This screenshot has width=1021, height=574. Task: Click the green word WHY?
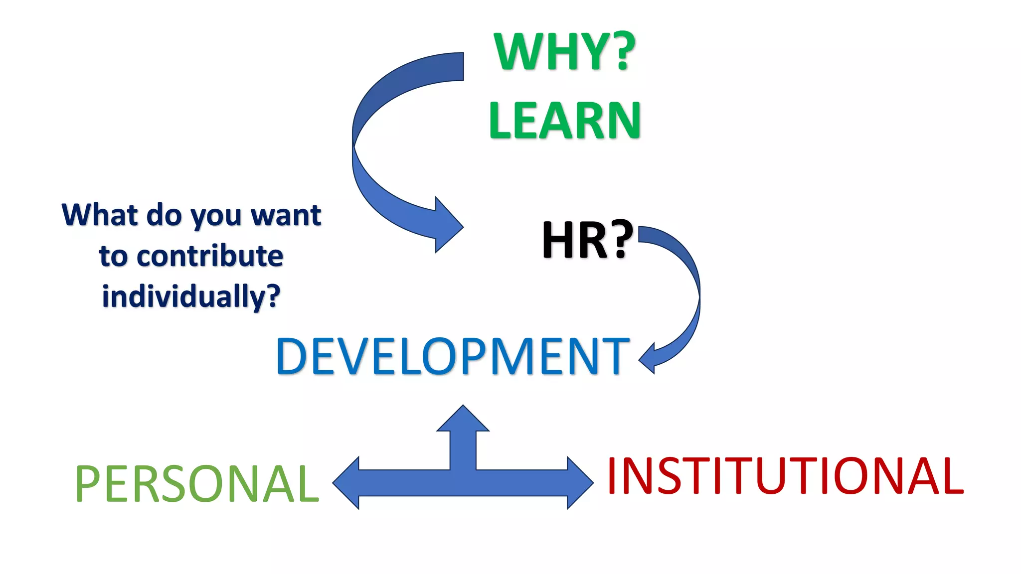coord(564,51)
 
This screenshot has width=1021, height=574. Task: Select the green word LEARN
coord(564,121)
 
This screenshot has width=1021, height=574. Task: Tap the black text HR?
coord(587,240)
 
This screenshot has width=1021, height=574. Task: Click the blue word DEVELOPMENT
coord(453,356)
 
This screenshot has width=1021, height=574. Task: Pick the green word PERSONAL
coord(196,483)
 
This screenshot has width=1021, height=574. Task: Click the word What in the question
coord(99,215)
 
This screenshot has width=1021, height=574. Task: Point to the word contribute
coord(210,256)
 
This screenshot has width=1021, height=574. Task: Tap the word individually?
coord(191,296)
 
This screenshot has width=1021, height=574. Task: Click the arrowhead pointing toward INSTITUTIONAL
coord(579,482)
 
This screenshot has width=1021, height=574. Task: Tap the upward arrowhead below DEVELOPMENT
coord(463,419)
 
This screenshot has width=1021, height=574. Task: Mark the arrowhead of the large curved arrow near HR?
coord(447,225)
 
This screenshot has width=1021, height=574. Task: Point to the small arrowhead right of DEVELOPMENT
coord(648,357)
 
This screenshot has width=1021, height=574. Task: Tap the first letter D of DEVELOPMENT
coord(291,356)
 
